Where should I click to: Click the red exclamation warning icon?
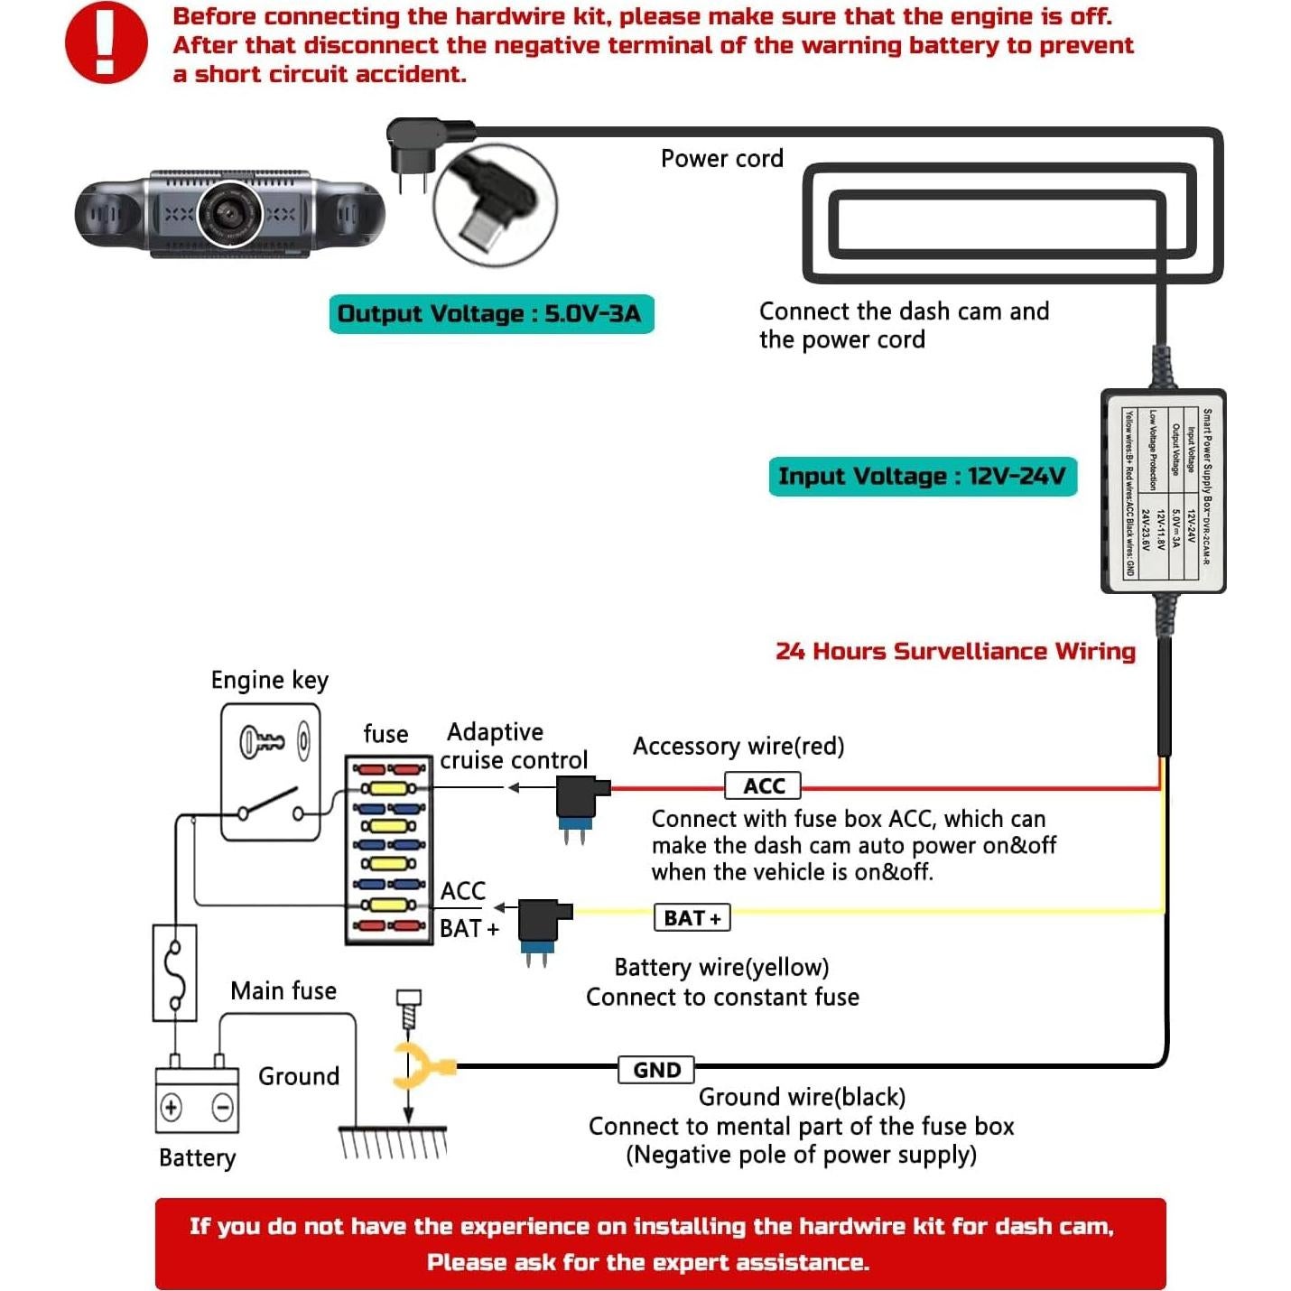[106, 42]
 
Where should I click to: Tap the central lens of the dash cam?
[230, 213]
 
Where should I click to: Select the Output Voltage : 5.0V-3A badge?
[490, 314]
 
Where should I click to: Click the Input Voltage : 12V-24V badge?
[922, 477]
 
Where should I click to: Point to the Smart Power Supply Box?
[1163, 491]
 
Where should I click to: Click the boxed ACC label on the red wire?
[763, 786]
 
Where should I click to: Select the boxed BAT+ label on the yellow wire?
[692, 918]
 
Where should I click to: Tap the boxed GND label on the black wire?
[656, 1070]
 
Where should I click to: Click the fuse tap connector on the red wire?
[579, 803]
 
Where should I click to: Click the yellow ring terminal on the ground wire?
[419, 1067]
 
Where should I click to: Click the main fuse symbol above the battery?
[175, 973]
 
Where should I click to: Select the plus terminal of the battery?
[172, 1107]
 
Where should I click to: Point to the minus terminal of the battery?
[222, 1107]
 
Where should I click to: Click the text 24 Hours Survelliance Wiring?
[955, 651]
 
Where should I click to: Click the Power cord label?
[721, 159]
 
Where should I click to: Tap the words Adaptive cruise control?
[513, 746]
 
